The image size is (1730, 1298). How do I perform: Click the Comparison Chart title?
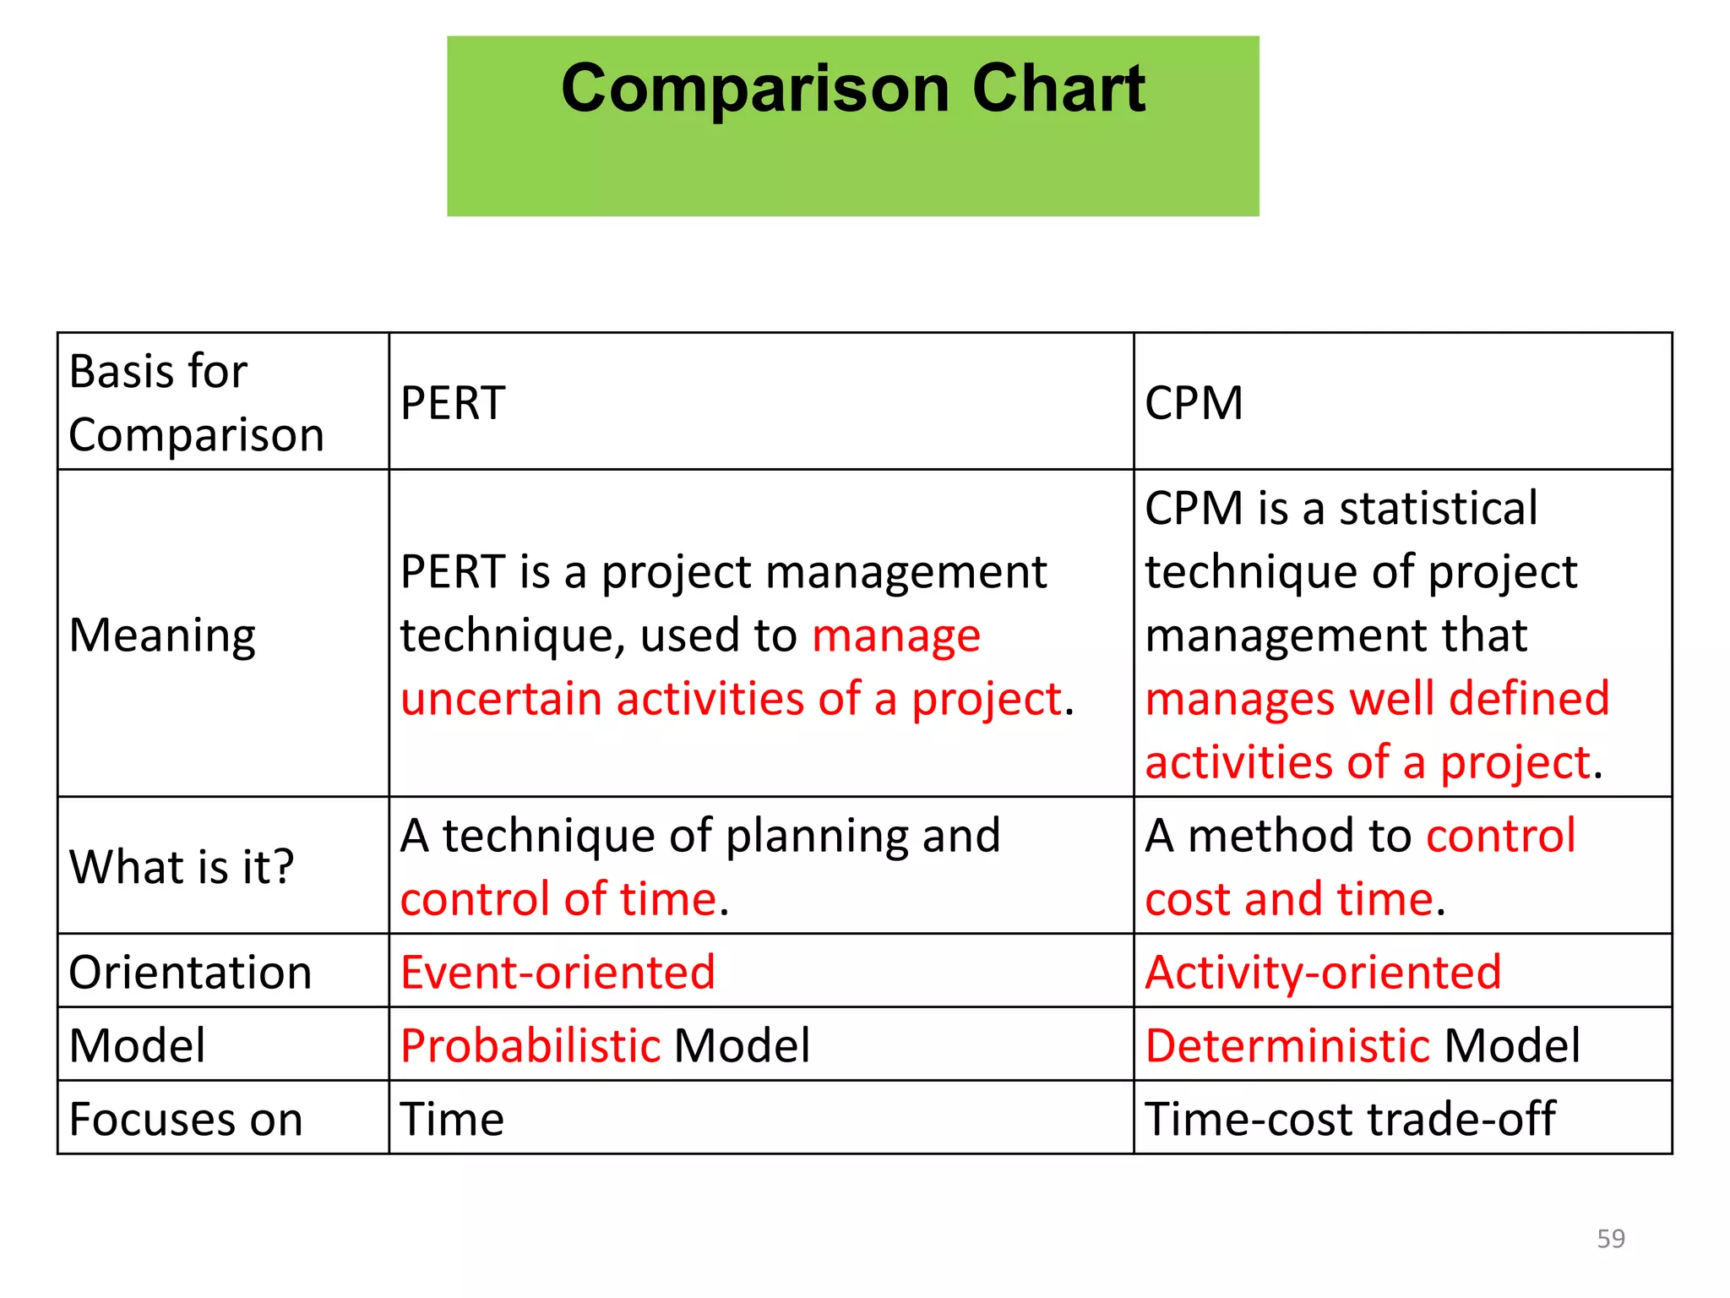tap(853, 89)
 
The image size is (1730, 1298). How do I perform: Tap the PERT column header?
tap(453, 403)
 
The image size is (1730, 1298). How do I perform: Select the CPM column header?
tap(1194, 403)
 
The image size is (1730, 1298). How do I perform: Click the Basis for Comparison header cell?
tap(196, 403)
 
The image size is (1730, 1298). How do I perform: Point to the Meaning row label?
tap(162, 635)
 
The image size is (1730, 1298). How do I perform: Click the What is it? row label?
tap(182, 867)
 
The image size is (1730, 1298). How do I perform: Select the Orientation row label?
tap(190, 973)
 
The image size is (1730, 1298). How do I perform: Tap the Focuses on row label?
tap(186, 1120)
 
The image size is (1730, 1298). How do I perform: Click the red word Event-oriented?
tap(558, 973)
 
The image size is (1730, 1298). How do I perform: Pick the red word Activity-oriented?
tap(1323, 973)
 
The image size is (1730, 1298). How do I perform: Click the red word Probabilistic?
tap(530, 1046)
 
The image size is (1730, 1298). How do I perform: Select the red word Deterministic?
tap(1287, 1046)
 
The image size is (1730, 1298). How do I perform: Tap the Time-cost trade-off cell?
tap(1349, 1120)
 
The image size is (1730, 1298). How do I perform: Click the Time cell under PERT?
tap(452, 1120)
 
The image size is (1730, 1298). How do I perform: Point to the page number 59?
tap(1611, 1239)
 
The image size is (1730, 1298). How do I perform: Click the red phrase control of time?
tap(558, 899)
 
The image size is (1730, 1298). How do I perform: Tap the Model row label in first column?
tap(138, 1046)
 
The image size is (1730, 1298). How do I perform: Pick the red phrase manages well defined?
tap(1377, 700)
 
